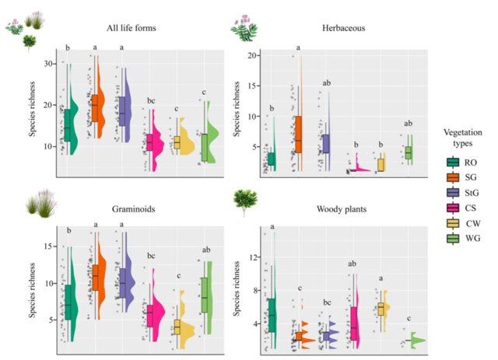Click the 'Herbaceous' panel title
coord(345,29)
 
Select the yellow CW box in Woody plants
coord(381,309)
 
